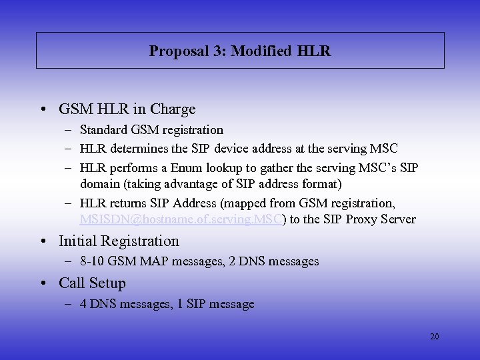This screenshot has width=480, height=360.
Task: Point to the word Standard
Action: click(106, 130)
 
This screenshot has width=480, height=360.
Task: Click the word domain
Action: click(99, 183)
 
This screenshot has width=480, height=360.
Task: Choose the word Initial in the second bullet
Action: click(80, 241)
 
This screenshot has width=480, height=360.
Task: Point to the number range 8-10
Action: click(92, 262)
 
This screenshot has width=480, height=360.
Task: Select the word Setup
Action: click(107, 283)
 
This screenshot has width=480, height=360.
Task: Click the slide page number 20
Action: click(434, 337)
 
